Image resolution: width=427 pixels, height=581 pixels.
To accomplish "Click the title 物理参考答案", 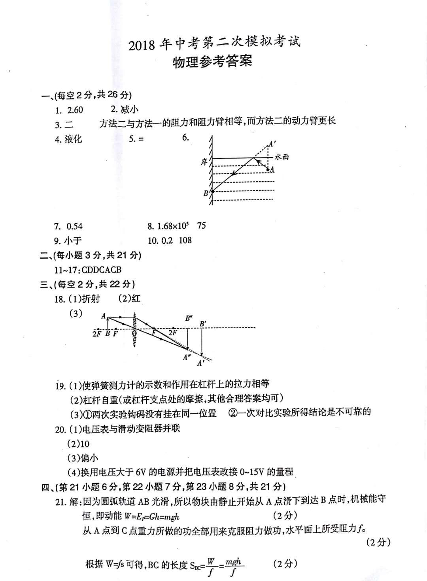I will click(212, 62).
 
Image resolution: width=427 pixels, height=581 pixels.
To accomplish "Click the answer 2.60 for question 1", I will click(75, 110).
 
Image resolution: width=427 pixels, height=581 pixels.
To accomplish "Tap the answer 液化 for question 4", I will click(74, 139).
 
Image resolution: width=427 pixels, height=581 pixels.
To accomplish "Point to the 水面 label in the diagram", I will click(282, 157).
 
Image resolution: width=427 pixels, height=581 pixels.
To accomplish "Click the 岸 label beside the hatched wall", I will click(204, 162).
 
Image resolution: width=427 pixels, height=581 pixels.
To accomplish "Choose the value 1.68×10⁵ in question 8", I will click(173, 226).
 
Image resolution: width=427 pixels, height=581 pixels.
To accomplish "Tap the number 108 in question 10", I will click(185, 240).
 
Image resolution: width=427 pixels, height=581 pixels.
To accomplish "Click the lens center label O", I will click(134, 334).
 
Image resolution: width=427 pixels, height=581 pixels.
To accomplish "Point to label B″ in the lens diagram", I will click(189, 318).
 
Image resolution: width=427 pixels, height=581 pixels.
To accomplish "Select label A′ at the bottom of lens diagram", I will click(201, 363).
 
